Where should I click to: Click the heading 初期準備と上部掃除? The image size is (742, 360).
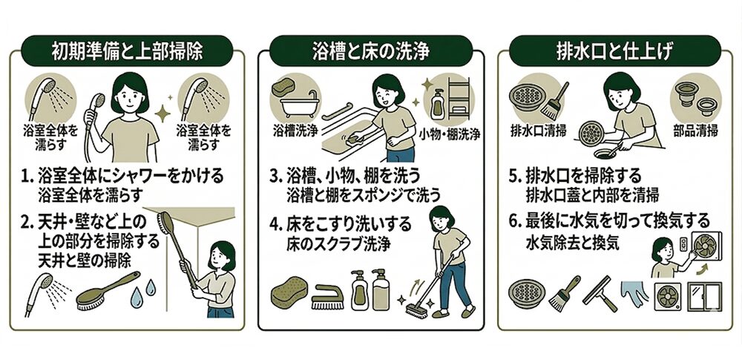pyautogui.click(x=127, y=51)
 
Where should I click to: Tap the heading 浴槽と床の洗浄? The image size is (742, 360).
pyautogui.click(x=371, y=51)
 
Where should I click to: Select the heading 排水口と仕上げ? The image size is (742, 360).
pyautogui.click(x=614, y=51)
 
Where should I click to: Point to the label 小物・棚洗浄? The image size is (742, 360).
pyautogui.click(x=449, y=135)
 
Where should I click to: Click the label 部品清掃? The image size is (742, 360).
pyautogui.click(x=695, y=130)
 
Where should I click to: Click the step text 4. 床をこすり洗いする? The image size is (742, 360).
pyautogui.click(x=341, y=223)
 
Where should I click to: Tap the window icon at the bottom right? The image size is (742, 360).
pyautogui.click(x=705, y=296)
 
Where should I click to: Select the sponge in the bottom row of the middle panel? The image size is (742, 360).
pyautogui.click(x=289, y=293)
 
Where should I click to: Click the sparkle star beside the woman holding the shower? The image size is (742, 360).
pyautogui.click(x=163, y=114)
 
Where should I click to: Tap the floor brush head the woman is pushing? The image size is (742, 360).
pyautogui.click(x=417, y=311)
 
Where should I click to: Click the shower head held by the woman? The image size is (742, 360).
pyautogui.click(x=98, y=101)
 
